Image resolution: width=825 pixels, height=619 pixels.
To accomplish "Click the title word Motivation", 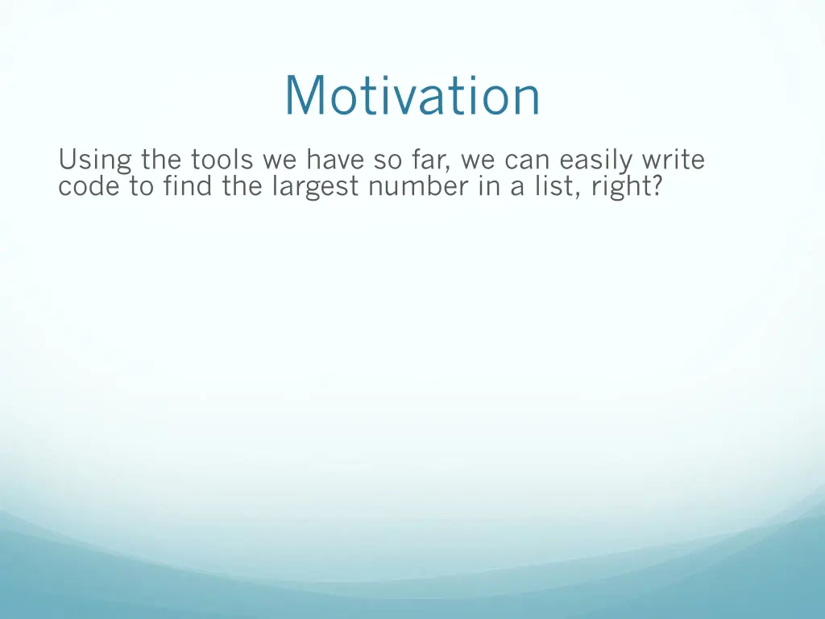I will point(412,96).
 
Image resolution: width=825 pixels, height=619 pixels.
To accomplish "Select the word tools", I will point(222,160).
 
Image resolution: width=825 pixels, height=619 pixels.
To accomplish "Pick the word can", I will point(525,160).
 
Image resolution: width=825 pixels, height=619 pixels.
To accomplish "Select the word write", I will point(673,160).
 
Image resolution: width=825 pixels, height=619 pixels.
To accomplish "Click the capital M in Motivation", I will point(305,96).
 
